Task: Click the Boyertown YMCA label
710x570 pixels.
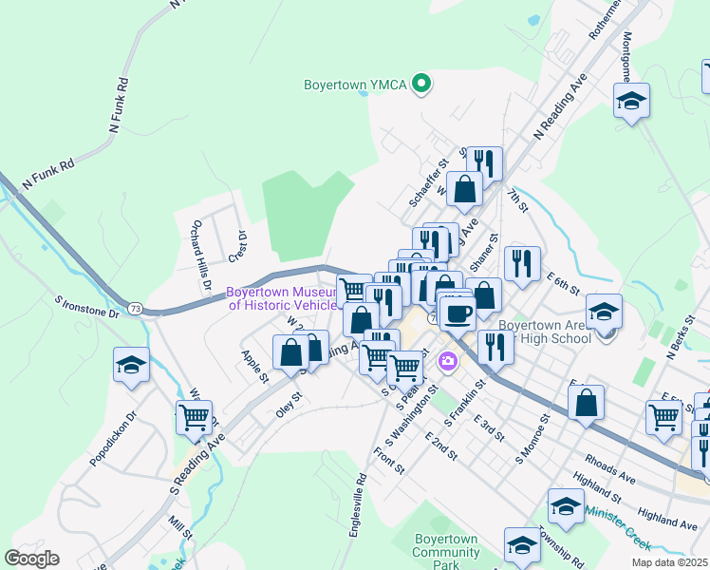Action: tap(355, 85)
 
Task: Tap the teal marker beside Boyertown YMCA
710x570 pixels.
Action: tap(420, 85)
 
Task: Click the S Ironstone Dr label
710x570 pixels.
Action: tap(86, 306)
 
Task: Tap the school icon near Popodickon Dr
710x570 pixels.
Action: tap(130, 364)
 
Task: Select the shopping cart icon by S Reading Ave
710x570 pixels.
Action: tap(194, 416)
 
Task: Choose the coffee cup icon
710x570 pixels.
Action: tap(457, 313)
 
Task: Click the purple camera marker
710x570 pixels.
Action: tap(447, 361)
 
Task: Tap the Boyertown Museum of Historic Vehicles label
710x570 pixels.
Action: tap(282, 298)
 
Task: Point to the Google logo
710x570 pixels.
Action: tap(31, 559)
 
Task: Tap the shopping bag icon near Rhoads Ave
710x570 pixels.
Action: tap(587, 402)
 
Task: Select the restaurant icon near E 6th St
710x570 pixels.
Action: tap(521, 263)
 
